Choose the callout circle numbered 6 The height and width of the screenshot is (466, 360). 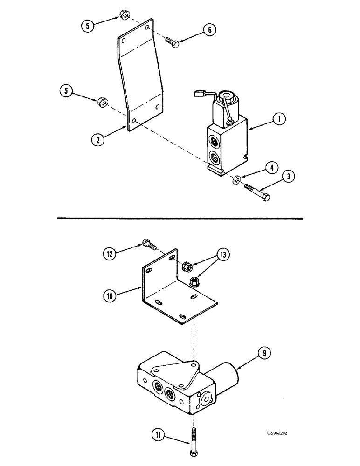tap(209, 30)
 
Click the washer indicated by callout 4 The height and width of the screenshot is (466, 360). tap(237, 178)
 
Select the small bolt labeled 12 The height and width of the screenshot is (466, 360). tap(148, 243)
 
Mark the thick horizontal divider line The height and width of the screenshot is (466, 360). tap(180, 218)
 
